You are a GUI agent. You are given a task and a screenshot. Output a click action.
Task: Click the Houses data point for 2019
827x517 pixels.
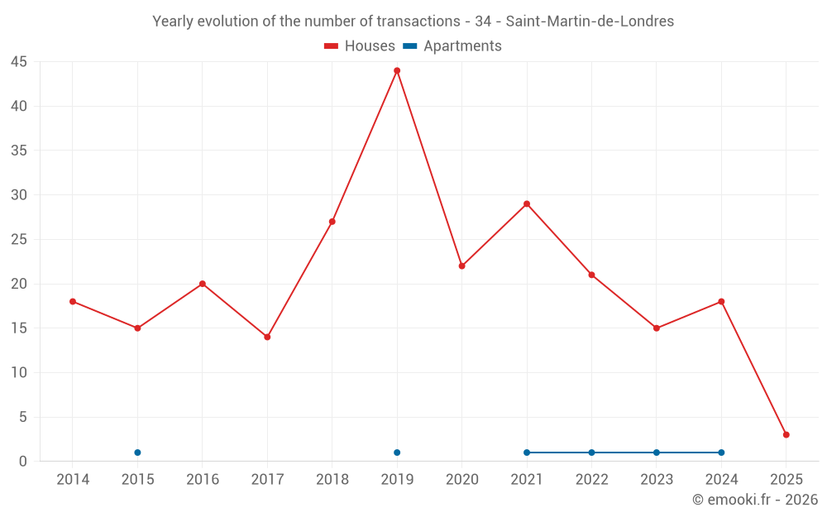[x=397, y=70]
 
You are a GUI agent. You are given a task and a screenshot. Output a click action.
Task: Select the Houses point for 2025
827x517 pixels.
[x=786, y=435]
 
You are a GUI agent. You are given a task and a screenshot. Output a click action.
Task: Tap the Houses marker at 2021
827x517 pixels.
[x=527, y=203]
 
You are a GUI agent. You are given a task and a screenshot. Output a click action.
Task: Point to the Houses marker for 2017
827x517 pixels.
[x=267, y=337]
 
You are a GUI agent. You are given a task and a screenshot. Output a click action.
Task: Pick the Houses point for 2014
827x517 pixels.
[x=73, y=302]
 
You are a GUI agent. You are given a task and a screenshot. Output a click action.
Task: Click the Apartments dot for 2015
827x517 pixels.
[x=137, y=452]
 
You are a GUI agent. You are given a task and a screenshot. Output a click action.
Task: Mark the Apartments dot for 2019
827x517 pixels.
[x=397, y=452]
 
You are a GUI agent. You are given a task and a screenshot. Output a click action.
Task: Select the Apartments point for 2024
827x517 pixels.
[x=721, y=452]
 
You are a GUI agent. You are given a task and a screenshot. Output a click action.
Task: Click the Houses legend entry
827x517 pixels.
[x=360, y=46]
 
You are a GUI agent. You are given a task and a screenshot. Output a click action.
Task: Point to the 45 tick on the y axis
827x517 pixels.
[x=19, y=62]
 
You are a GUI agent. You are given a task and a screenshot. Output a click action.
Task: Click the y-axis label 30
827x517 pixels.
[x=19, y=195]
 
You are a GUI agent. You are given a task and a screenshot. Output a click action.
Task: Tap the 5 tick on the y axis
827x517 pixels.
[x=22, y=417]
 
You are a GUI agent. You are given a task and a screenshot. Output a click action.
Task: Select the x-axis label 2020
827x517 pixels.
[x=462, y=480]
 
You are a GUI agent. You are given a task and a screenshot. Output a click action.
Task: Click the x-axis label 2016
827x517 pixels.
[x=203, y=480]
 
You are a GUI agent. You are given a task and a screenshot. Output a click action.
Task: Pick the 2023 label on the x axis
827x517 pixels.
[x=657, y=480]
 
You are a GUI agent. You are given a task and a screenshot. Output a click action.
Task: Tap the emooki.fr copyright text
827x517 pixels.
[x=755, y=500]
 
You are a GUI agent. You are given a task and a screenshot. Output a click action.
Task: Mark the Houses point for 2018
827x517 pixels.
[x=332, y=222]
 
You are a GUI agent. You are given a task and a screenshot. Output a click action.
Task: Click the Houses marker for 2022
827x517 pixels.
[x=591, y=275]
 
